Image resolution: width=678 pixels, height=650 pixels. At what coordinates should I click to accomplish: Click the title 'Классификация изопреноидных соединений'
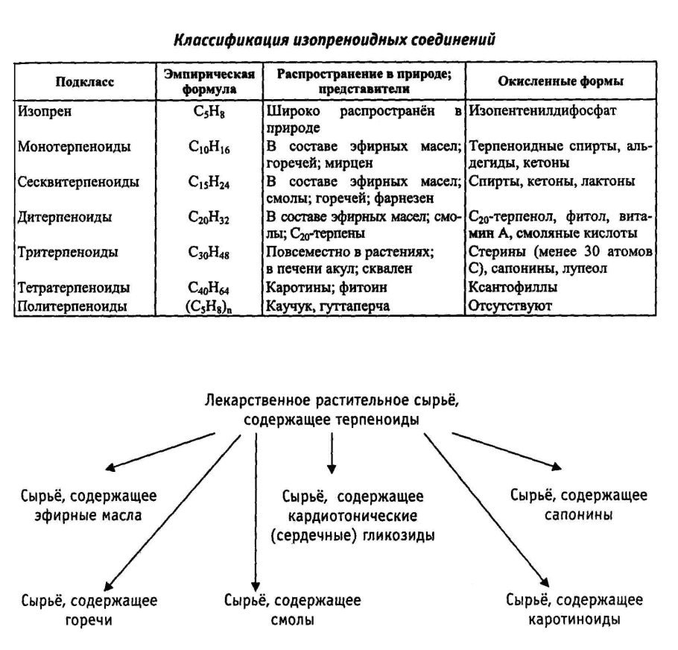coord(334,37)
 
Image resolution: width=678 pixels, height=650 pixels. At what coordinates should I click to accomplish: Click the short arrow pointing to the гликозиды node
coord(331,457)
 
